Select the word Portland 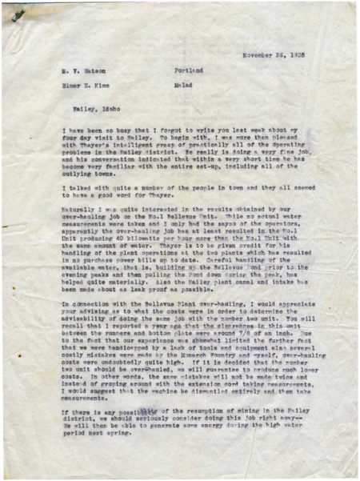point(188,70)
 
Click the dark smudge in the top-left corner point(18,14)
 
